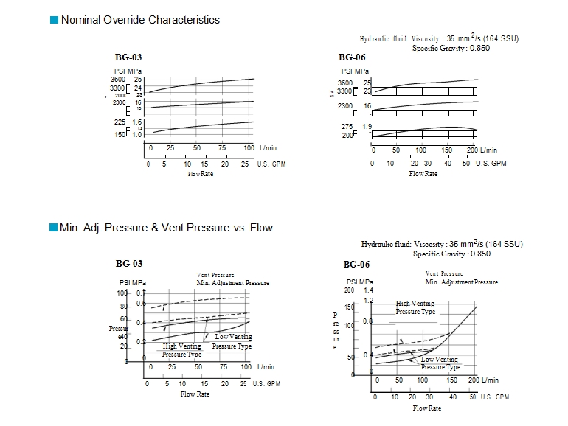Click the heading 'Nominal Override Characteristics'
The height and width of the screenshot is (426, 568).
pos(140,20)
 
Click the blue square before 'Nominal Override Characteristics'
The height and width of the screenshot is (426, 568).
pos(53,20)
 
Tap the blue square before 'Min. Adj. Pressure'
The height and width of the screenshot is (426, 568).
pos(53,228)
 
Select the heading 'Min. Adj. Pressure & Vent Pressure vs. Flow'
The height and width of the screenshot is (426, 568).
pos(167,228)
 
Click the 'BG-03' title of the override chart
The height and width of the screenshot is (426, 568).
pos(129,57)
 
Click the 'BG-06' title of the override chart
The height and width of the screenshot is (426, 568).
pos(352,57)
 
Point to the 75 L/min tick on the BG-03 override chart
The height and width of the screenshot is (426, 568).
pos(222,148)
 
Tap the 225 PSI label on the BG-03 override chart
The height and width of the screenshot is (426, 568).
pos(120,122)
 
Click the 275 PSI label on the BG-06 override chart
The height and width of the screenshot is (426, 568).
pos(345,127)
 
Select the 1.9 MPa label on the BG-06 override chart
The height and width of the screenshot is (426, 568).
pos(367,127)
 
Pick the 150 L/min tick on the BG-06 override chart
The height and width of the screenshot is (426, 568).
pos(446,150)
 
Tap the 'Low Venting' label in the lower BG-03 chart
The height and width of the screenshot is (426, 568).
pos(233,337)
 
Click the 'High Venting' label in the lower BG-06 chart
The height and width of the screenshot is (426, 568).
pos(415,304)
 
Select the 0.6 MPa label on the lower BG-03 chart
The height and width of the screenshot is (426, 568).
pos(141,304)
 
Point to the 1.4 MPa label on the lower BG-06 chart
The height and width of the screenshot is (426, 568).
pos(368,290)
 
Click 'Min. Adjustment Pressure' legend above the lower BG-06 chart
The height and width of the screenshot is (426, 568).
pos(461,282)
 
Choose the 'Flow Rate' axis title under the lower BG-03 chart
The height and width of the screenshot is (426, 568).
pos(195,394)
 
